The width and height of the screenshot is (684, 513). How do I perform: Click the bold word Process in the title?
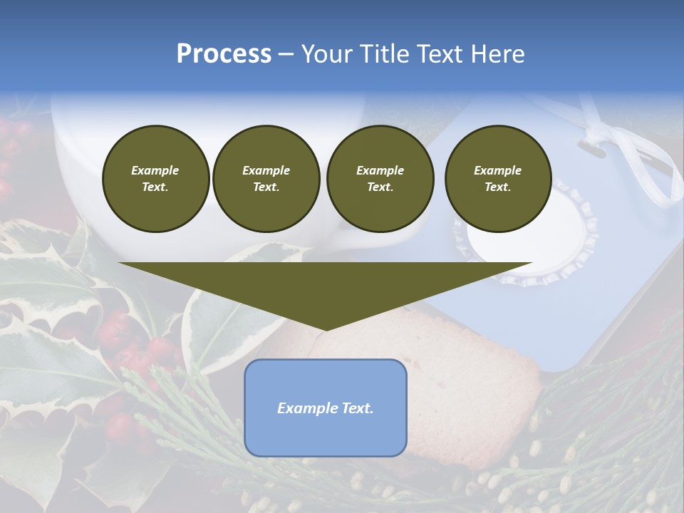pos(224,54)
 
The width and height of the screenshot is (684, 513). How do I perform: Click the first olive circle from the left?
pos(155,179)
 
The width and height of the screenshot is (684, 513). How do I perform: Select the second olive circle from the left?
pos(266,179)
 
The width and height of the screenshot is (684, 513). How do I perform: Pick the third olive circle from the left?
pos(380,179)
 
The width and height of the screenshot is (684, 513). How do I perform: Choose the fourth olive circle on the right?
pos(497,179)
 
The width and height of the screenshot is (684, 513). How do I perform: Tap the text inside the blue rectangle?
pos(326,408)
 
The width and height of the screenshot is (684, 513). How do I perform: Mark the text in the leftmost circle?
pos(155,179)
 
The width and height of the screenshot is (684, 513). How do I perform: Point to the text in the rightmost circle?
pos(497,179)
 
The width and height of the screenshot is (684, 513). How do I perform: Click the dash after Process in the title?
pos(286,54)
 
